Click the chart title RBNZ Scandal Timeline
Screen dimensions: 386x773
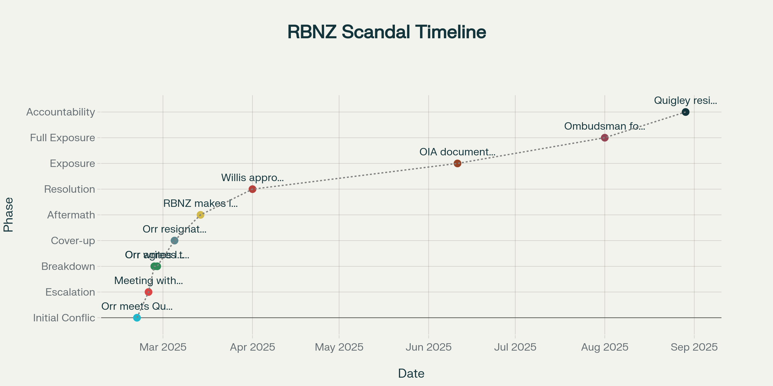pyautogui.click(x=386, y=32)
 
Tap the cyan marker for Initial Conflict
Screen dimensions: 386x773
pyautogui.click(x=137, y=318)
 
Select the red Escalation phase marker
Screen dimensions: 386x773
pyautogui.click(x=148, y=292)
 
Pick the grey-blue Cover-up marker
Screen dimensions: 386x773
pyautogui.click(x=174, y=241)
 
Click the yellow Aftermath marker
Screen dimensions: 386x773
pyautogui.click(x=200, y=215)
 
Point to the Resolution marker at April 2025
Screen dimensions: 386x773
pyautogui.click(x=253, y=189)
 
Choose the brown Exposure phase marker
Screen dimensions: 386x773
pyautogui.click(x=457, y=163)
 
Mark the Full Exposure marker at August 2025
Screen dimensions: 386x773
pyautogui.click(x=605, y=138)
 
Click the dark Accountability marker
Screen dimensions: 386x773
pyautogui.click(x=686, y=112)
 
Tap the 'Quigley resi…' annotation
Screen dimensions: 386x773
pyautogui.click(x=685, y=101)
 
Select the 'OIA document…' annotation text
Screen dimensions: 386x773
pyautogui.click(x=457, y=152)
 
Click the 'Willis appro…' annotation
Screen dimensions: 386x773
pyautogui.click(x=253, y=178)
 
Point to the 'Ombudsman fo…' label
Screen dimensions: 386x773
pyautogui.click(x=605, y=126)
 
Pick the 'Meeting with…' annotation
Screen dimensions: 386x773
pyautogui.click(x=148, y=281)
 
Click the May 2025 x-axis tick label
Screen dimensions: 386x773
pyautogui.click(x=339, y=347)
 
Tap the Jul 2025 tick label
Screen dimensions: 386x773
pyautogui.click(x=515, y=347)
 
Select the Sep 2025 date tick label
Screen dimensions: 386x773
pyautogui.click(x=694, y=347)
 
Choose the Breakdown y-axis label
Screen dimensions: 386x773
pyautogui.click(x=68, y=266)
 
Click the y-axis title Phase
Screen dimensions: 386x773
pyautogui.click(x=8, y=215)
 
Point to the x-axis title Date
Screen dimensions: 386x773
pyautogui.click(x=411, y=373)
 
